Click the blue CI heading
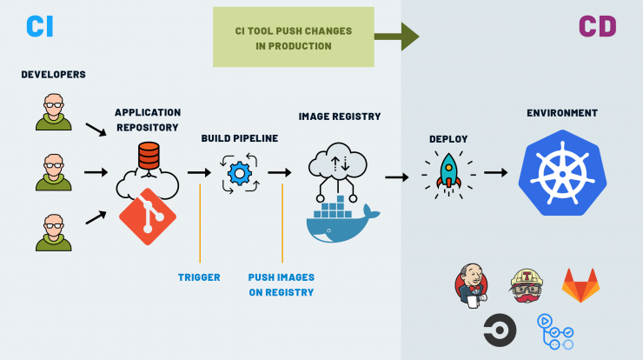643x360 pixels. tap(40, 27)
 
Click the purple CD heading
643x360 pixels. tap(598, 27)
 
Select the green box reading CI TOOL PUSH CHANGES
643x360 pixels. tap(293, 37)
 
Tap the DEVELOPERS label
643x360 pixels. tap(53, 74)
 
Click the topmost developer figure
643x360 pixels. tap(54, 112)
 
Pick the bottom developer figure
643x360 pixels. tap(54, 232)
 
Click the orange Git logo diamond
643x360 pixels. tap(148, 217)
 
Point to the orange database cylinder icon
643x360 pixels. tap(149, 156)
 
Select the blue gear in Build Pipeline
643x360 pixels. tap(240, 174)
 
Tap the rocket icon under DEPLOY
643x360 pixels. tap(448, 175)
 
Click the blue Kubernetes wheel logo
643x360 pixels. tap(563, 173)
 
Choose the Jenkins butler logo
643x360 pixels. tap(472, 286)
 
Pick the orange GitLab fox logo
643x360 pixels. tap(580, 285)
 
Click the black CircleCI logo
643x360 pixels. tap(500, 330)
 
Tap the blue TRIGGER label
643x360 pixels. tap(199, 277)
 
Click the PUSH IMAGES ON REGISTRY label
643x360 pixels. tap(282, 285)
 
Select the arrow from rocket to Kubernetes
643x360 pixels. tap(496, 173)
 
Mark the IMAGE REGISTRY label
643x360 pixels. tap(340, 117)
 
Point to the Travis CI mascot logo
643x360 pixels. tap(527, 286)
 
